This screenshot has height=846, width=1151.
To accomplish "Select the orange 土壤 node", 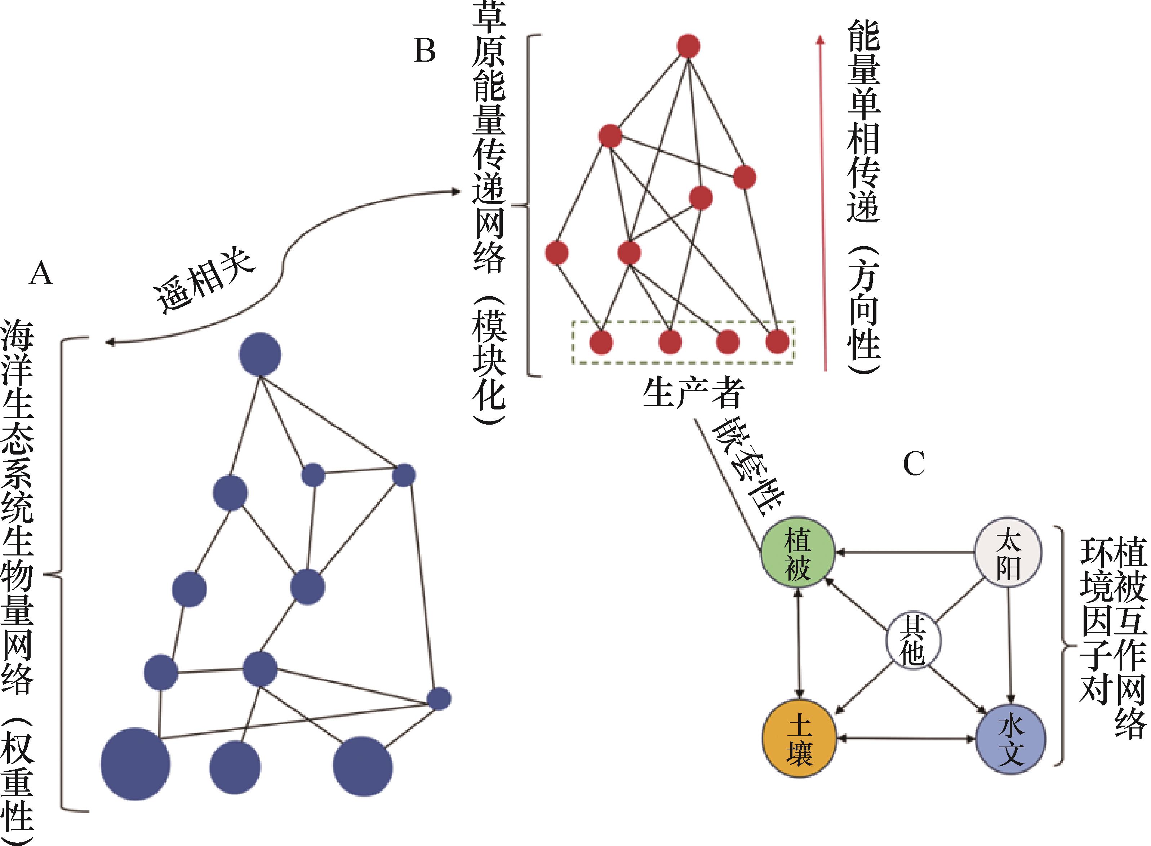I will [799, 738].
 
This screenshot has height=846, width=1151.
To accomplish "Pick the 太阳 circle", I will [1008, 553].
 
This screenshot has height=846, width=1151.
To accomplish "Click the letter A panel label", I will [41, 273].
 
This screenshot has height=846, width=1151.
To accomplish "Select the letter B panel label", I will [425, 51].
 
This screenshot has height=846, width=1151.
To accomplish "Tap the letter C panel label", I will [914, 465].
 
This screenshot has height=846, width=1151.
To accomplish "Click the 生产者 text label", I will [693, 393].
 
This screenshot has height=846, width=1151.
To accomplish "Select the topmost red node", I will [688, 46].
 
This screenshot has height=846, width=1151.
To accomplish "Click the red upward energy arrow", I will [822, 205].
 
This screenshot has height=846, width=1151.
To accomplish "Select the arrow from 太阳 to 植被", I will [904, 553].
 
